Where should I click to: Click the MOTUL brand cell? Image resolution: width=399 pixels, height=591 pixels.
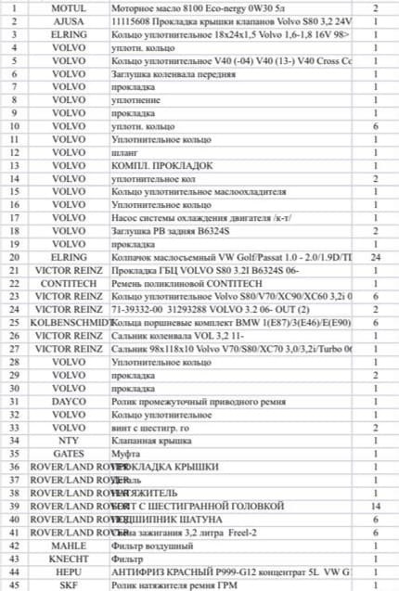tap(69, 7)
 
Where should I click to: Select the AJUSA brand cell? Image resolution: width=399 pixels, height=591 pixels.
tap(69, 20)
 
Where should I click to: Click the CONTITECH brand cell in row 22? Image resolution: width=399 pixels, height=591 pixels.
tap(69, 282)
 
